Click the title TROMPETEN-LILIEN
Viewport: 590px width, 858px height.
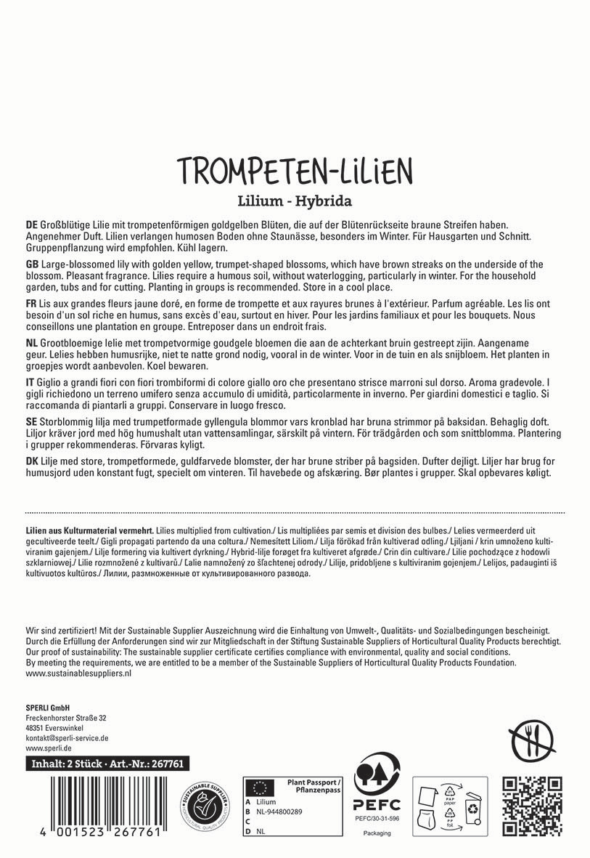click(295, 171)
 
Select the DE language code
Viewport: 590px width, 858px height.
click(32, 226)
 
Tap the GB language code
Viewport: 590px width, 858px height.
click(32, 264)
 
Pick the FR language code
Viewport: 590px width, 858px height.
click(31, 303)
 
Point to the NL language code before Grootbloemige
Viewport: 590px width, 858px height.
click(32, 341)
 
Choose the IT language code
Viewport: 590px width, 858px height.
click(30, 381)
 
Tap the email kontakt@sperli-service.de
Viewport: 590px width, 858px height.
click(66, 737)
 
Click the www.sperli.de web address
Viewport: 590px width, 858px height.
click(48, 748)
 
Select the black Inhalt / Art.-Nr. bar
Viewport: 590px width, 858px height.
click(105, 764)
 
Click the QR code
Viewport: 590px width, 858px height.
click(532, 806)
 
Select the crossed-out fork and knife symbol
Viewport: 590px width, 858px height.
click(533, 743)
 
